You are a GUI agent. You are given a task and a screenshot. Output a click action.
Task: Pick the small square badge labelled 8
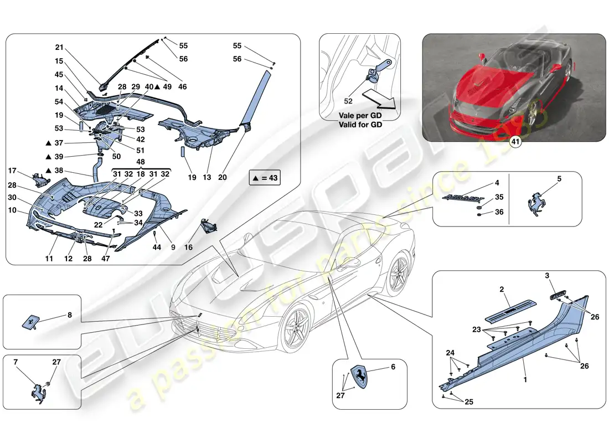pos(32,321)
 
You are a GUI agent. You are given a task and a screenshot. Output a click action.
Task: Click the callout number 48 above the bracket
pos(141,163)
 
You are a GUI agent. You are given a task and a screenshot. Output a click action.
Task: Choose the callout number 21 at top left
pos(60,48)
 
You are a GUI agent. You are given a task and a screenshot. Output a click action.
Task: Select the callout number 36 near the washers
pos(499,212)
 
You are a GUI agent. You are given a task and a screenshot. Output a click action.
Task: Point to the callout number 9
pos(173,248)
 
